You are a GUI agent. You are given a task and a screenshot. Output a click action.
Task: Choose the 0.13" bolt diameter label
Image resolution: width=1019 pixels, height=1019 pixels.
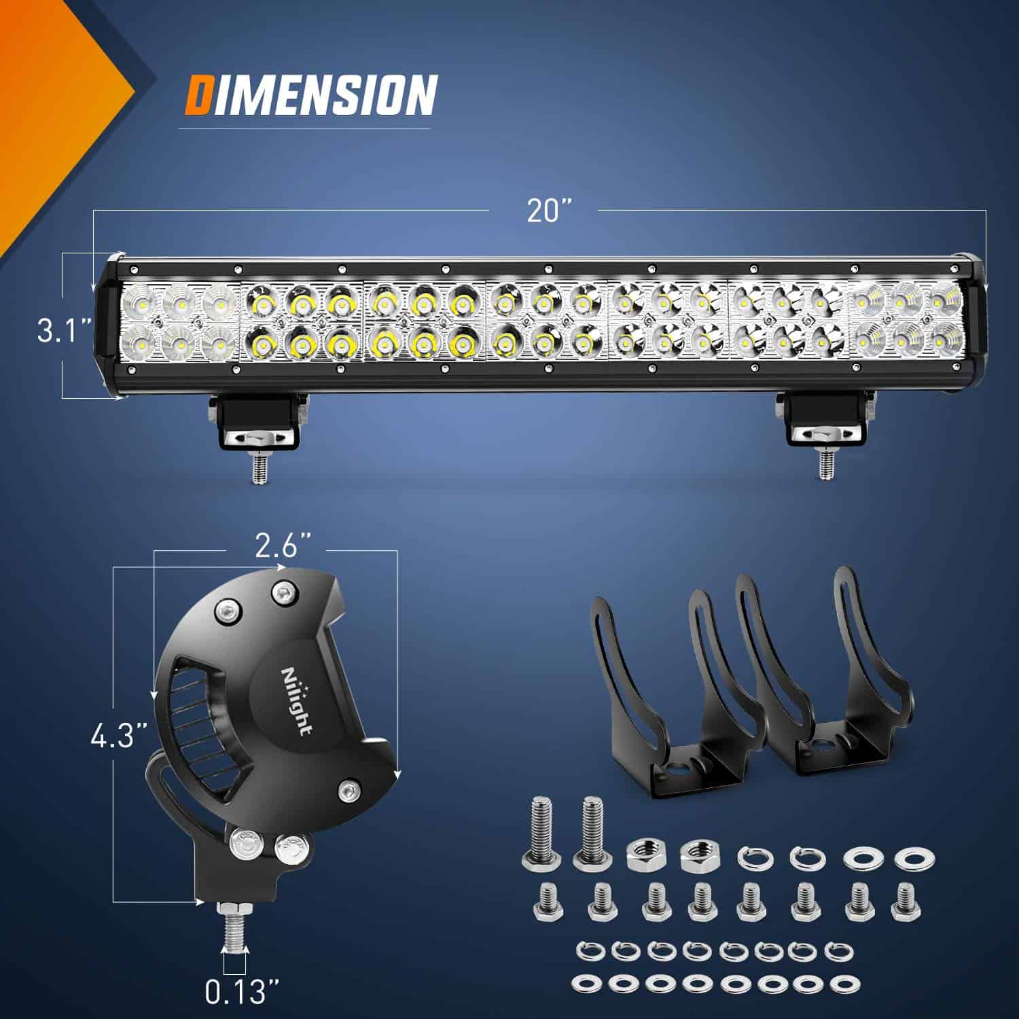coord(234,994)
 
